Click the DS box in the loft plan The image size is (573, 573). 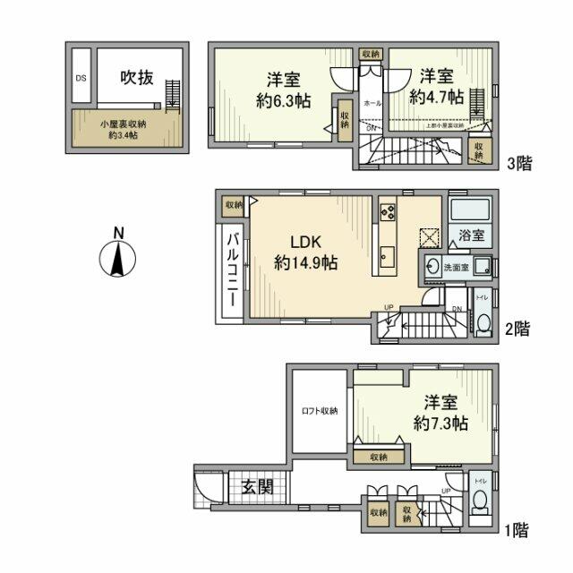[80, 77]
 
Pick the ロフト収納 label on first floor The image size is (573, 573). [319, 411]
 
